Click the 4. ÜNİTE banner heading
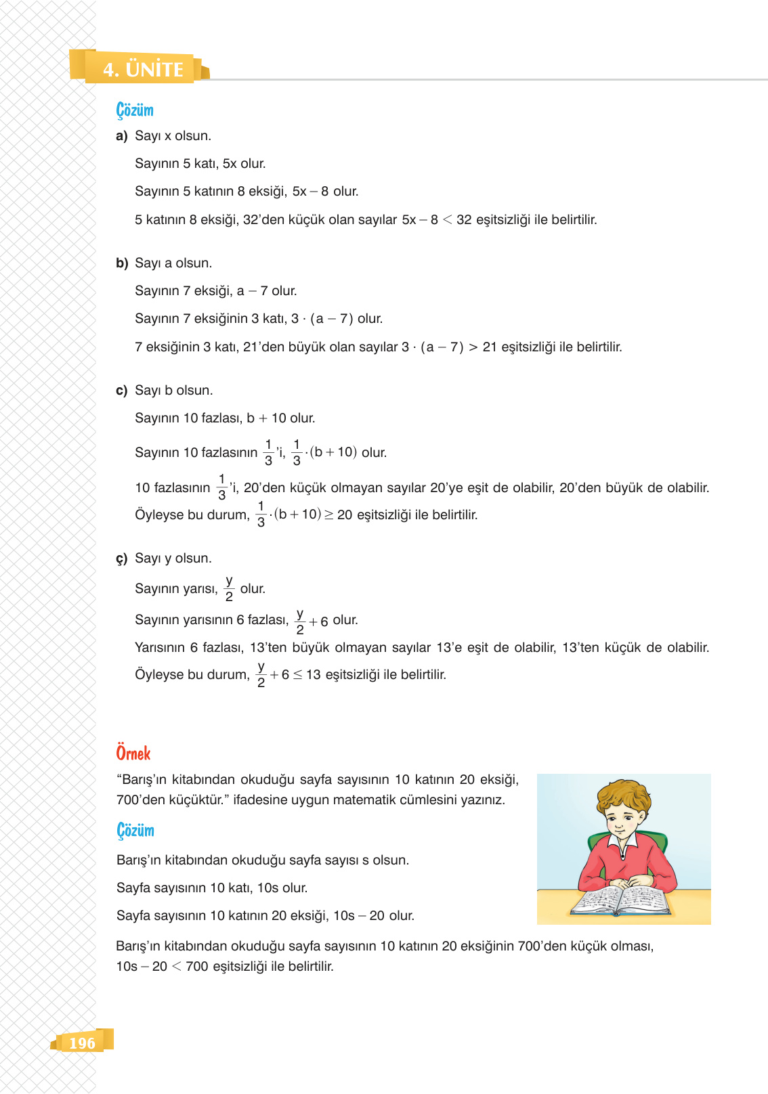click(x=143, y=69)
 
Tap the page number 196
click(x=82, y=1043)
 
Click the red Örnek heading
click(x=133, y=753)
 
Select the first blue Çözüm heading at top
click(x=135, y=110)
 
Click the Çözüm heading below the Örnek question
click(x=135, y=830)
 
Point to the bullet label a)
click(x=122, y=136)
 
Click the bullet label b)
click(x=122, y=263)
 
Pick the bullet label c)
click(x=122, y=391)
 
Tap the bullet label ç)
click(x=122, y=559)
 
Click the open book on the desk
click(x=620, y=900)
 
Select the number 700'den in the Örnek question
click(x=140, y=800)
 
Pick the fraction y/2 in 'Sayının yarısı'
click(x=229, y=588)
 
